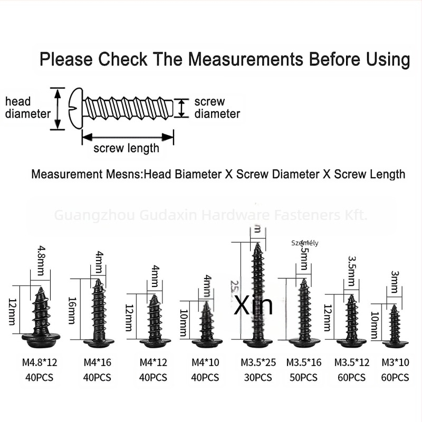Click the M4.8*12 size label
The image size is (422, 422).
tap(40, 362)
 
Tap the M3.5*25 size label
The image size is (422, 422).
tap(258, 362)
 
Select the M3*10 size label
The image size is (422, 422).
tap(395, 362)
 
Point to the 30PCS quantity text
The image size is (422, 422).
tap(258, 378)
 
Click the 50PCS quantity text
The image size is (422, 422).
tap(303, 378)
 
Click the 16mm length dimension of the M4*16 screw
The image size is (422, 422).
tap(72, 311)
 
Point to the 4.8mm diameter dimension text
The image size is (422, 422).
tap(42, 258)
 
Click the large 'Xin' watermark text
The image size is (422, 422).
tap(254, 306)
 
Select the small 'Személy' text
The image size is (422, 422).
tap(305, 243)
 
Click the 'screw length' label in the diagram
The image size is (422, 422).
tap(126, 148)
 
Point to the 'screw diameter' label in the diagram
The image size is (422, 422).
tap(217, 108)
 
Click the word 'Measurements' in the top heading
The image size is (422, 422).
tap(246, 59)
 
